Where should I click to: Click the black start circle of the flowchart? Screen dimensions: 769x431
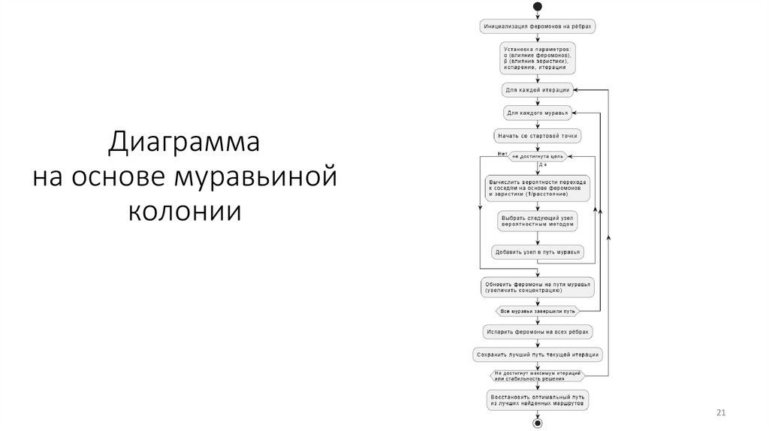click(x=537, y=7)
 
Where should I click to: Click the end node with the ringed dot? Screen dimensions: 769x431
click(x=537, y=423)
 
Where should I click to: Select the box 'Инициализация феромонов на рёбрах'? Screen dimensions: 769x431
click(x=537, y=26)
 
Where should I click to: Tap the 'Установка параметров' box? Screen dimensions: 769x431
click(x=537, y=58)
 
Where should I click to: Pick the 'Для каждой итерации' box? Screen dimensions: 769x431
click(x=537, y=90)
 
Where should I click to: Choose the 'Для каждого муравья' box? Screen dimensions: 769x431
click(x=537, y=113)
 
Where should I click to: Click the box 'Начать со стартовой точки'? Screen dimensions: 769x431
click(x=537, y=136)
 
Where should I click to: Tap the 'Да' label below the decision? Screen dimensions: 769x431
click(x=543, y=164)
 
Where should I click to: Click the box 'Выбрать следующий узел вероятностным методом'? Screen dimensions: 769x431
click(x=537, y=220)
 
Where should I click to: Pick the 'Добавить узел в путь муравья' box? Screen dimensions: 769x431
click(x=537, y=252)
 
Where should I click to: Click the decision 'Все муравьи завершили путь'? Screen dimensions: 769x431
click(x=537, y=310)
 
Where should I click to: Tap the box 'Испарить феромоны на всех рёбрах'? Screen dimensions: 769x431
click(x=537, y=330)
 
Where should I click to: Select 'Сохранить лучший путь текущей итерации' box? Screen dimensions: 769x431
click(x=537, y=354)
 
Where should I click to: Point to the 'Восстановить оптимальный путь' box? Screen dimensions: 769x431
click(x=537, y=399)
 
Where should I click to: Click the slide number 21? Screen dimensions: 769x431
click(x=722, y=414)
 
